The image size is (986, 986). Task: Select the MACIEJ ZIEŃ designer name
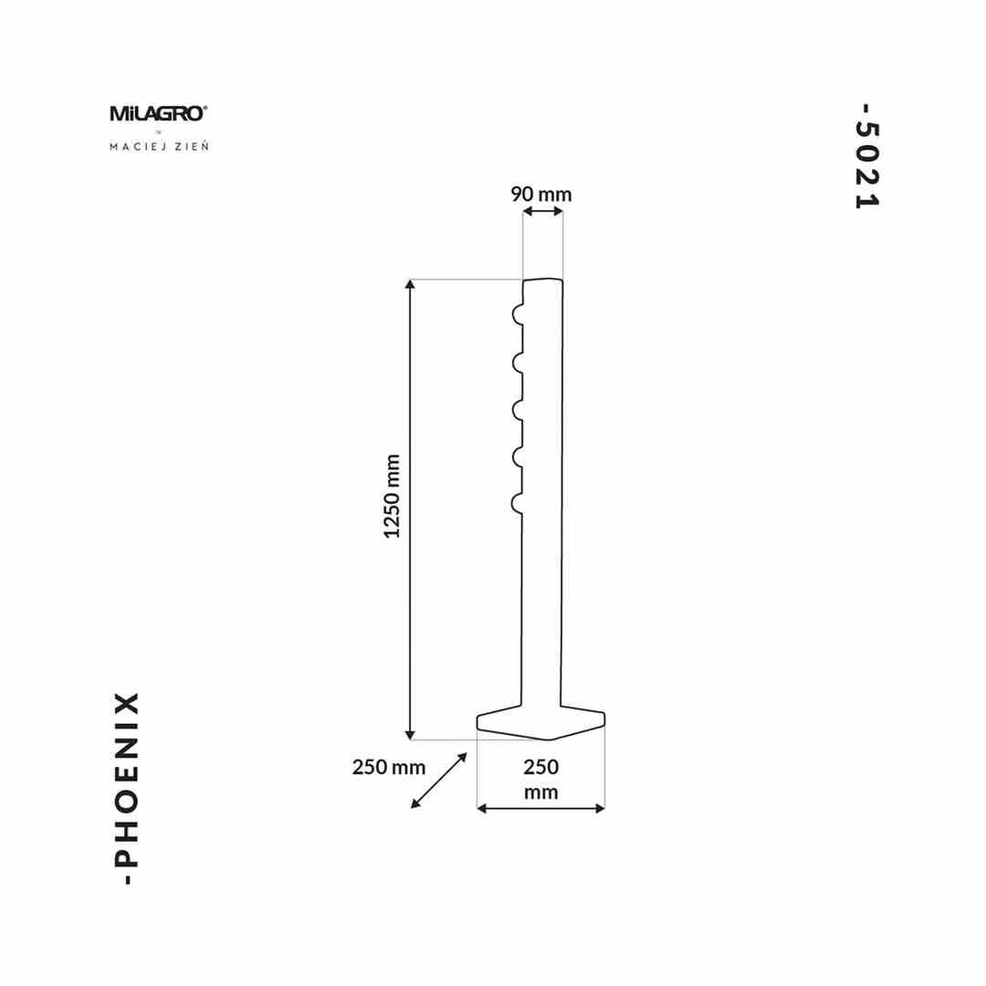(x=158, y=146)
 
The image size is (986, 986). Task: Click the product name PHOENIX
(x=129, y=788)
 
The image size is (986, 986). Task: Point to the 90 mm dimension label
(x=541, y=194)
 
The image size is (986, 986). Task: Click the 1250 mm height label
(x=393, y=496)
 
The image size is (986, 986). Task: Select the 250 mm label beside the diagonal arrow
(x=389, y=767)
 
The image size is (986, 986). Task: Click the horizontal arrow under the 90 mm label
(x=542, y=212)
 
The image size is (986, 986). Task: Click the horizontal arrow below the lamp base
(x=541, y=808)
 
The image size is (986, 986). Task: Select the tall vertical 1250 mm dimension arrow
(x=411, y=509)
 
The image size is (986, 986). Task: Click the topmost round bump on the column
(x=518, y=315)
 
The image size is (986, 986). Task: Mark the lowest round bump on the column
(x=518, y=502)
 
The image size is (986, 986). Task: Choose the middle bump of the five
(x=518, y=408)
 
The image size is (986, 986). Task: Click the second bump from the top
(x=518, y=362)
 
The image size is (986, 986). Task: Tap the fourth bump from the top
(x=518, y=455)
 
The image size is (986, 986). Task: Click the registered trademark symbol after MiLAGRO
(x=205, y=108)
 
